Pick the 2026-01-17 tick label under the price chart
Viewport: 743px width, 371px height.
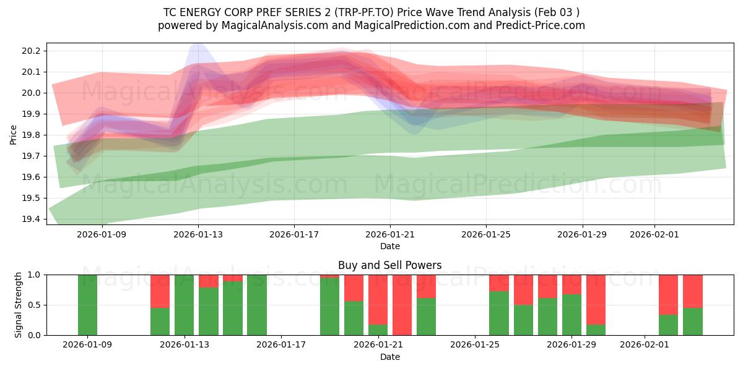294,234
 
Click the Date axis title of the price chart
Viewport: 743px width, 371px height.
390,246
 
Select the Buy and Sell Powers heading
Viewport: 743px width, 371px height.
390,265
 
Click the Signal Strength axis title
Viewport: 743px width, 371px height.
19,304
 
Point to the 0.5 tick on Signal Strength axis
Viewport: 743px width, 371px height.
34,305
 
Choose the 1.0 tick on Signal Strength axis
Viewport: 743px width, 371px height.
34,275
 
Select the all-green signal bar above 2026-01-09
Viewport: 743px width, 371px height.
87,305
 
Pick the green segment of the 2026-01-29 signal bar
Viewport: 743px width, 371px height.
571,315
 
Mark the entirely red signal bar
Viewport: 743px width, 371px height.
402,305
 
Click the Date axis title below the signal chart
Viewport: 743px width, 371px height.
390,357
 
